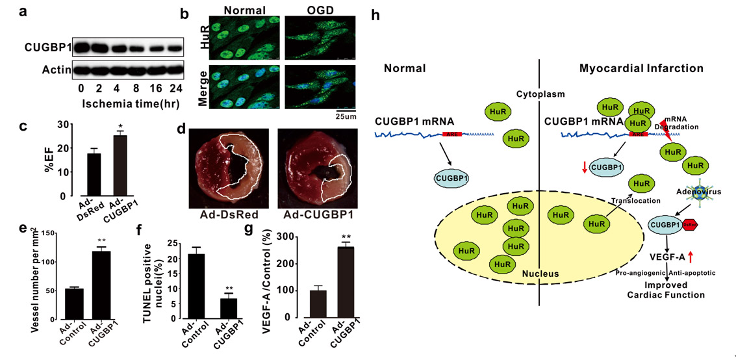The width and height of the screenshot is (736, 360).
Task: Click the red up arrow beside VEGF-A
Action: (707, 258)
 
